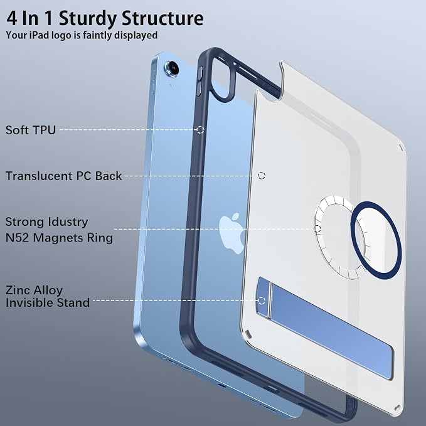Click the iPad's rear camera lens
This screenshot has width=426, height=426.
(171, 68)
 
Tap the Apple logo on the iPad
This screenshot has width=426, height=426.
(232, 233)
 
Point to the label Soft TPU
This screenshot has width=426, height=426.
(30, 130)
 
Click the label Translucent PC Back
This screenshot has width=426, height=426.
(63, 176)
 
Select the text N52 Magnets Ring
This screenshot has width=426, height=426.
(59, 238)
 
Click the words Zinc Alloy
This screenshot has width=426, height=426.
(34, 290)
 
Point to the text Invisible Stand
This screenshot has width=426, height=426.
(48, 302)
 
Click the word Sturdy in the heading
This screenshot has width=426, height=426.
(88, 19)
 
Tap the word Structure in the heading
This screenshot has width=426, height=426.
(162, 18)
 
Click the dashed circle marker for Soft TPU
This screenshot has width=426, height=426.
(200, 130)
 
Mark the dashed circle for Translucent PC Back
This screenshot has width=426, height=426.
(262, 176)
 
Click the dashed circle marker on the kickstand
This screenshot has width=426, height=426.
(262, 301)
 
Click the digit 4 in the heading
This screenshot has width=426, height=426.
(12, 18)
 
